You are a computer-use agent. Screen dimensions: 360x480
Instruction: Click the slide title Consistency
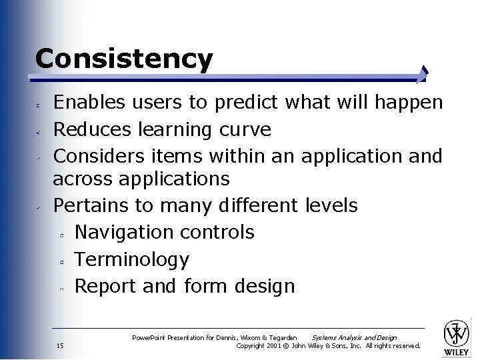point(124,59)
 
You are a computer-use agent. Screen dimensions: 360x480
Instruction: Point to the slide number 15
point(60,345)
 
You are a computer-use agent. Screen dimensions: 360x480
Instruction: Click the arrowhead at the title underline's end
point(425,73)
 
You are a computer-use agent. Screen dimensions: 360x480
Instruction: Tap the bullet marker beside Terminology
point(60,262)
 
